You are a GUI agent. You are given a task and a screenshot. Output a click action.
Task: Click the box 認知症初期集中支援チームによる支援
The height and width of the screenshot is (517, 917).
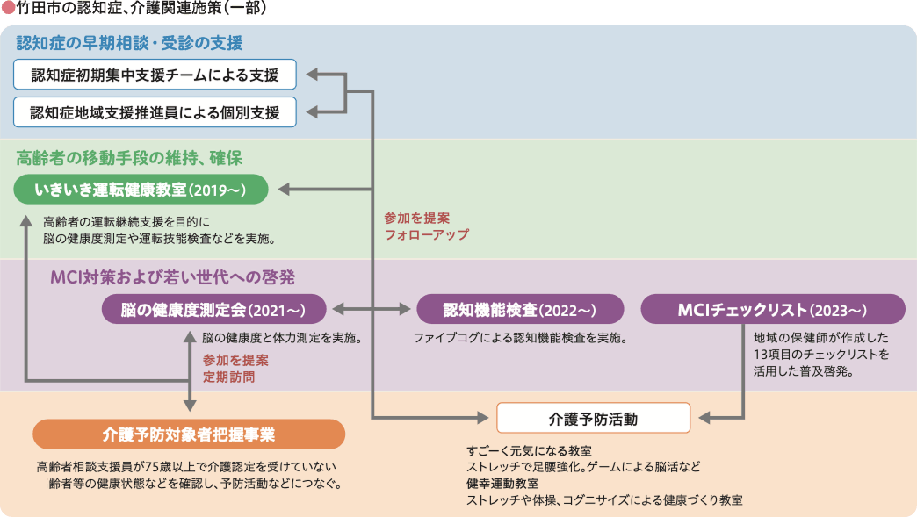pos(155,75)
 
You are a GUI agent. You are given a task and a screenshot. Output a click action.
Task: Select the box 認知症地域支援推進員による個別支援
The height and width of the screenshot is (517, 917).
pos(155,112)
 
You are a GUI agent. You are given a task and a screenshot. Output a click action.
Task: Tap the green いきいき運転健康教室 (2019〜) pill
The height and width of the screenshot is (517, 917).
pos(140,190)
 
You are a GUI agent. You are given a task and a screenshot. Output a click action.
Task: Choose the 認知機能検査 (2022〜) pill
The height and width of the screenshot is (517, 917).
pos(520,310)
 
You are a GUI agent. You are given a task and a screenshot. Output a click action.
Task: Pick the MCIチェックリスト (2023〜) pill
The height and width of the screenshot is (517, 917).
pos(773,310)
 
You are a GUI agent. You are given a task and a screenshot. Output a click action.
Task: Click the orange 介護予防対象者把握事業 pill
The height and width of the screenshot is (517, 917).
pos(188,434)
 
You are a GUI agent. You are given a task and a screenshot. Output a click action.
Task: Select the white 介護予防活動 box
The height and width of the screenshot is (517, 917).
pos(593,418)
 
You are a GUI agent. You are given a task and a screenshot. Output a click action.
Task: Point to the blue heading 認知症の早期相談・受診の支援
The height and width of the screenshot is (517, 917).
pos(129,43)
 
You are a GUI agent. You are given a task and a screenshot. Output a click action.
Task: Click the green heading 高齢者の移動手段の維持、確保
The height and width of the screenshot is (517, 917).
pos(129,158)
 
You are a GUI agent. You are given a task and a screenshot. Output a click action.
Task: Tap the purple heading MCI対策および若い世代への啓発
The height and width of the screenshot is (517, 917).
pos(172,277)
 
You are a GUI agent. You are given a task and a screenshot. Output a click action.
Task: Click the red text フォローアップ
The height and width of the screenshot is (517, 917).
pos(426,235)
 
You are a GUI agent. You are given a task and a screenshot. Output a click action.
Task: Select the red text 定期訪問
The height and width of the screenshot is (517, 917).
pos(230,377)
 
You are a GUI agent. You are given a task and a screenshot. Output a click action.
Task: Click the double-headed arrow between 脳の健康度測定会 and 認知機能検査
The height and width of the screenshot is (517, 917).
pos(372,310)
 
